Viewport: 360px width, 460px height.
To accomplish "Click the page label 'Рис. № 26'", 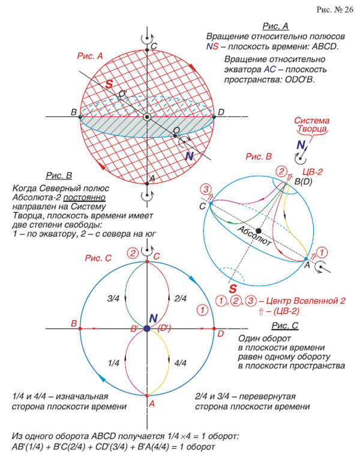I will [334, 10].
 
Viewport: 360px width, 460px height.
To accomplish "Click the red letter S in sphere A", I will [109, 85].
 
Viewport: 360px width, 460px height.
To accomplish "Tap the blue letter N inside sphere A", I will [190, 157].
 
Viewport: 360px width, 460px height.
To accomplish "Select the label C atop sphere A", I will [154, 46].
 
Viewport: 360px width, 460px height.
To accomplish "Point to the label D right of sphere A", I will [221, 112].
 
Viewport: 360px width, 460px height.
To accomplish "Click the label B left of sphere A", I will [73, 113].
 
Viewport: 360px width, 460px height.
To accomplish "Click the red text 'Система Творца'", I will [310, 125].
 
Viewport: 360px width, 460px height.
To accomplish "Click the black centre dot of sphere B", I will [258, 230].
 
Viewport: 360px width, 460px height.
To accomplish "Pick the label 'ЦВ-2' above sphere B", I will [313, 172].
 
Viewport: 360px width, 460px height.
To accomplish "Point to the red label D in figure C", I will [220, 333].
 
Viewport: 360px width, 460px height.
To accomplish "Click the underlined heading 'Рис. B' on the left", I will [59, 175].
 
